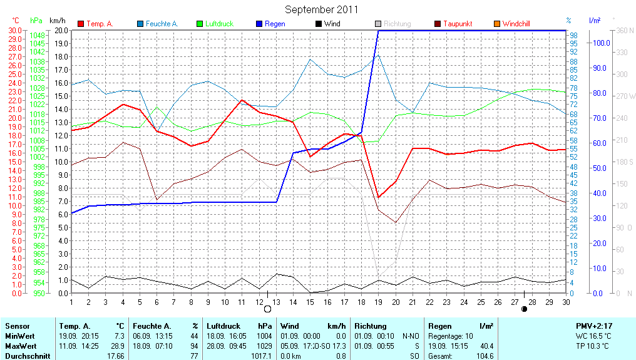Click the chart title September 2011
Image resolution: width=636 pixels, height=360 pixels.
(x=321, y=9)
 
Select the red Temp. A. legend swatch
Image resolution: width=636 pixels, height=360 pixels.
(x=81, y=24)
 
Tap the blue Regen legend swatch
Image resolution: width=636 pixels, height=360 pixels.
(x=259, y=24)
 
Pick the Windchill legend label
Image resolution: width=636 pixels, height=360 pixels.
(x=516, y=24)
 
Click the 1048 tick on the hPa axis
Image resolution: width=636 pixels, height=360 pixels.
(x=37, y=36)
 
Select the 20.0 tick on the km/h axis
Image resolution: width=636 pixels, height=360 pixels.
(x=60, y=30)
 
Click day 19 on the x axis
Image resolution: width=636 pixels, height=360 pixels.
(x=377, y=302)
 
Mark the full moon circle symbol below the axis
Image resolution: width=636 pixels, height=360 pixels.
(x=268, y=309)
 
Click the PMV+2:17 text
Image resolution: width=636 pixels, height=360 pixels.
(x=595, y=326)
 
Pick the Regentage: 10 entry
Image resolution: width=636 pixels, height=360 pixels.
(x=451, y=336)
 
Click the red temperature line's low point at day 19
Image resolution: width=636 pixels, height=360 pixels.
(x=377, y=197)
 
